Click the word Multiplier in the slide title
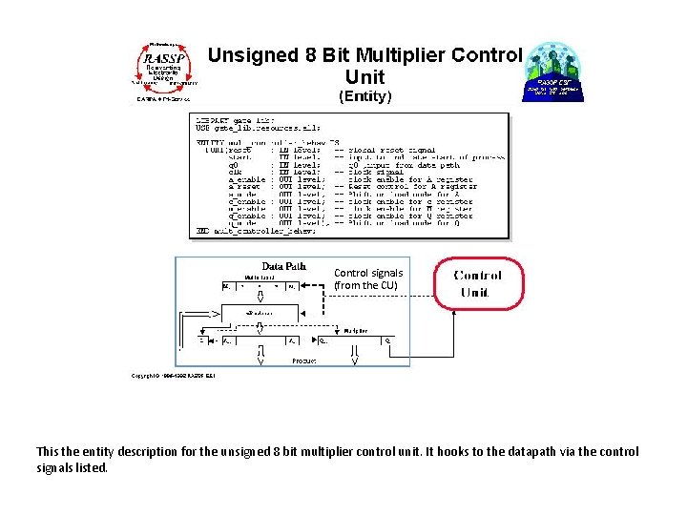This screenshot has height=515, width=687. [413, 55]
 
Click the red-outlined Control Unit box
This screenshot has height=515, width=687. [479, 283]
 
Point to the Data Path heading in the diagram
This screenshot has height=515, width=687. [283, 266]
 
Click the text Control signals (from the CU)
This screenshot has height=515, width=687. [368, 278]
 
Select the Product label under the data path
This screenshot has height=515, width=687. [304, 360]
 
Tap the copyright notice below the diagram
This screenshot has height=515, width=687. [174, 376]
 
